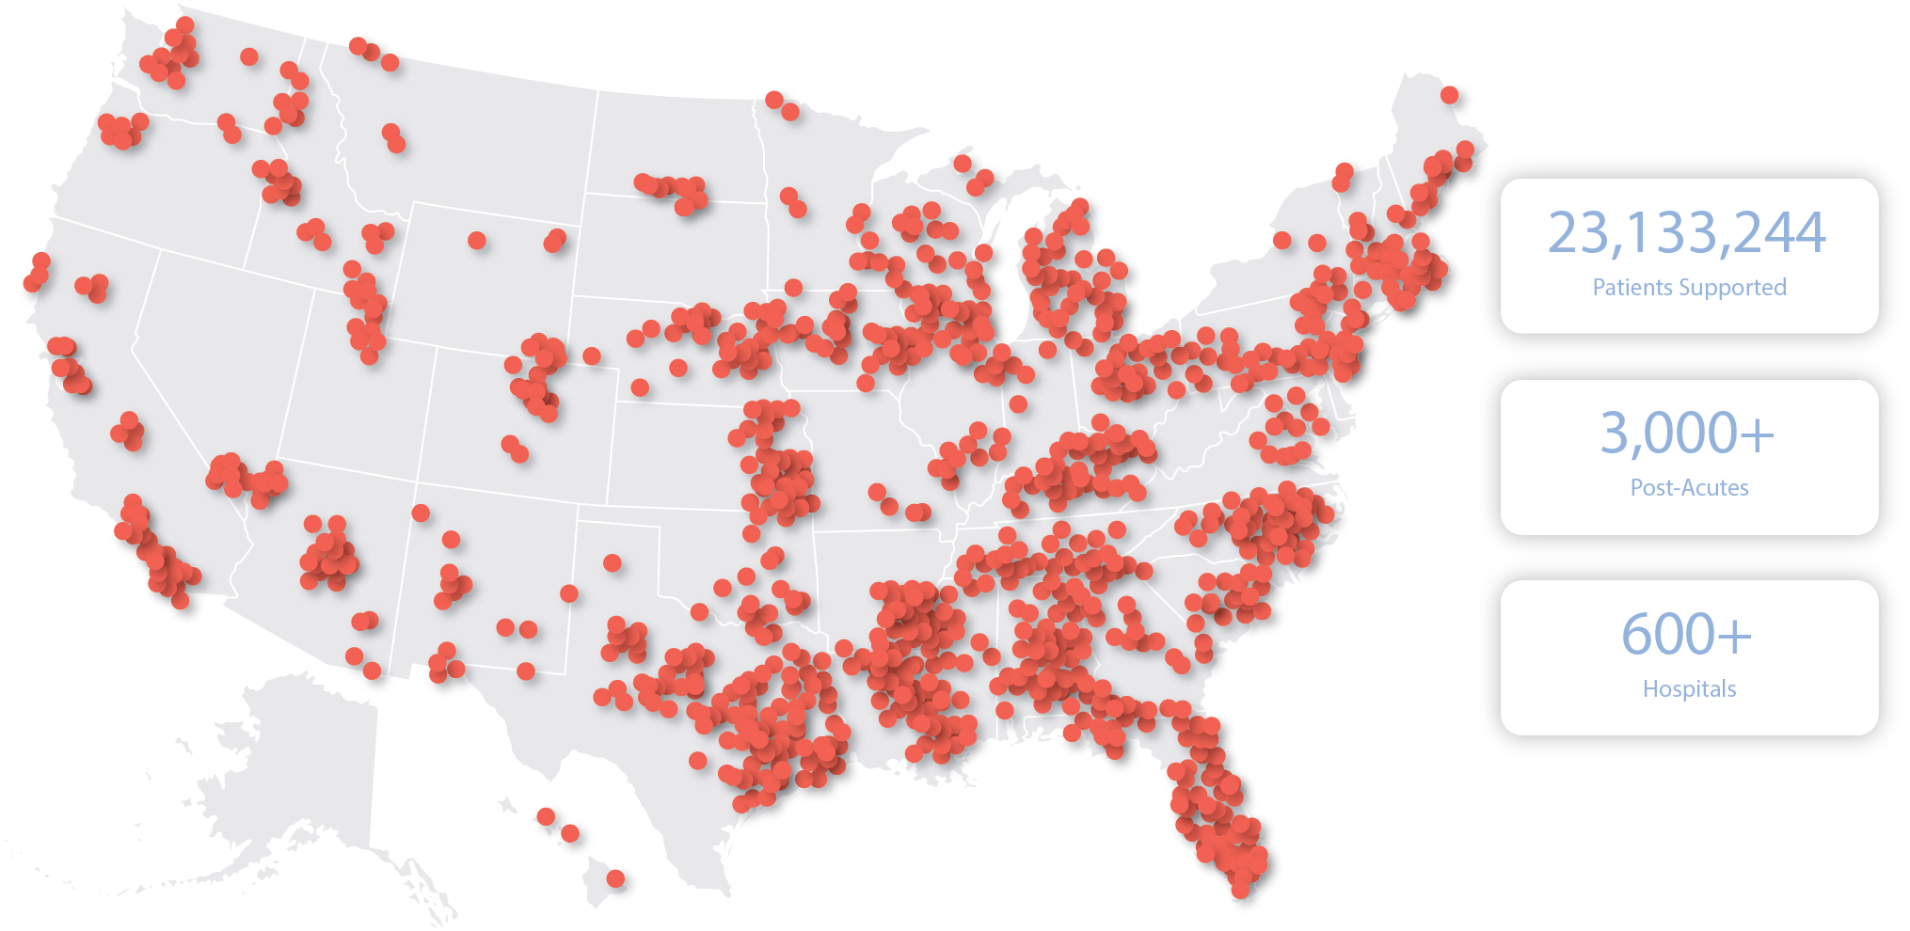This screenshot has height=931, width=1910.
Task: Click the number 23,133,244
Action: pos(1687,233)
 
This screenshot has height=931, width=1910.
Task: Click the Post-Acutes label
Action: pos(1689,488)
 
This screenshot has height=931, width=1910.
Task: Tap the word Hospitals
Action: pos(1689,689)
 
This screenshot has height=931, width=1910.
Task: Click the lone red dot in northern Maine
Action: pos(1449,95)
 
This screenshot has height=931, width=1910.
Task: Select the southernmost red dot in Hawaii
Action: pos(615,878)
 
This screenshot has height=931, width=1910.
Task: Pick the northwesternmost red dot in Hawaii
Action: pos(546,816)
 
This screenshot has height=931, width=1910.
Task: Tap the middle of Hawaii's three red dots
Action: pos(570,834)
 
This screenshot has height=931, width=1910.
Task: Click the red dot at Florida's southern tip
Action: pos(1240,889)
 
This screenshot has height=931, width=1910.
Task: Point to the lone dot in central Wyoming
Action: pos(477,241)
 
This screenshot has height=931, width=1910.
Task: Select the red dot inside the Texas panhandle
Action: pos(613,563)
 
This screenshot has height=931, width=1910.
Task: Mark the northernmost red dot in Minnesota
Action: pos(773,100)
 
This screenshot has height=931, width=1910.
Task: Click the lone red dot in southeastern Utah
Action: pos(421,513)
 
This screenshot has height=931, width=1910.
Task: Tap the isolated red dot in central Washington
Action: pos(249,56)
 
